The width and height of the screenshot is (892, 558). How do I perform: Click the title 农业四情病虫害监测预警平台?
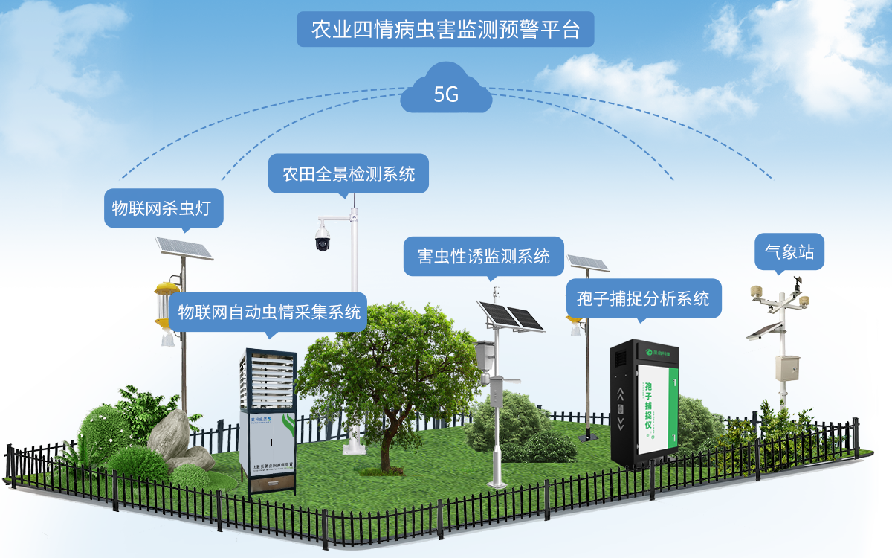point(445,30)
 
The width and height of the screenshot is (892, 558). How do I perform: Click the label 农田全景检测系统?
point(349,174)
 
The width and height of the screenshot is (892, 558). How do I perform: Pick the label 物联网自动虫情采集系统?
point(269,311)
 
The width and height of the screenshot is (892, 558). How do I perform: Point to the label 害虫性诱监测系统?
point(484,257)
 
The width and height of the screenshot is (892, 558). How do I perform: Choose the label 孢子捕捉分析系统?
point(643,298)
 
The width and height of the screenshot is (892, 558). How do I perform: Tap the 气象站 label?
point(789,252)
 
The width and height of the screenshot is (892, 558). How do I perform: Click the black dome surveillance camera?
point(323,236)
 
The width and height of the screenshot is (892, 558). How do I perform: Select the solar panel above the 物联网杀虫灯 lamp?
point(183,248)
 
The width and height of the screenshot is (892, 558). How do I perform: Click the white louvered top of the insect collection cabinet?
point(268,379)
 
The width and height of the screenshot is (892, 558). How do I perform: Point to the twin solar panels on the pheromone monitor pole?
point(511,315)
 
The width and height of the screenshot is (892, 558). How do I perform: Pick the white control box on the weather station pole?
point(786,368)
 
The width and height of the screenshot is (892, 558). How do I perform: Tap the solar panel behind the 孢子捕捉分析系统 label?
point(587,263)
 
